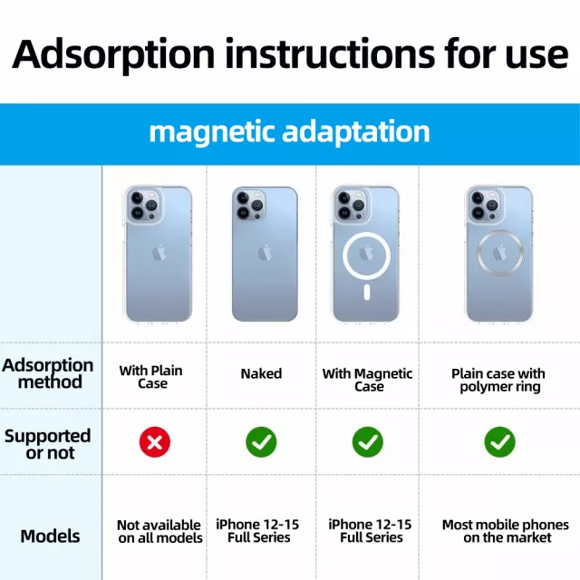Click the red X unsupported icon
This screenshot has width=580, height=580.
(155, 442)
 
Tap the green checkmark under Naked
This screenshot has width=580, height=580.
(261, 442)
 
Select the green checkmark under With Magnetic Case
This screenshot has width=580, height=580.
(368, 442)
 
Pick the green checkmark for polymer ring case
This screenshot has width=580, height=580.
(499, 442)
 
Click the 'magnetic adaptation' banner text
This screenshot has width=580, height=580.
(290, 132)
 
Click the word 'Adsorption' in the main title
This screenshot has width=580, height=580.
(113, 54)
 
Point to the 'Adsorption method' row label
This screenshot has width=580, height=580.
(48, 373)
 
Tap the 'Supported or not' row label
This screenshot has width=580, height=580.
(48, 444)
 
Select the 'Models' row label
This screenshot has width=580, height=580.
(51, 536)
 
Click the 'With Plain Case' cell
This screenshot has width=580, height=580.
(151, 377)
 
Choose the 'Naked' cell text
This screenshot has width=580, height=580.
(261, 373)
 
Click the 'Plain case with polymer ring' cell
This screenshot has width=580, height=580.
(498, 381)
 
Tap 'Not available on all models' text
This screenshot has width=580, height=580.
(159, 532)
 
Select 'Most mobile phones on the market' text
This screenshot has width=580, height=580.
(506, 531)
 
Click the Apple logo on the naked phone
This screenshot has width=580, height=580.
(265, 252)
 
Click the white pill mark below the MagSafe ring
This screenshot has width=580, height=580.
(366, 292)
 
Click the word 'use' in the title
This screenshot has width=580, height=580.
(537, 55)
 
